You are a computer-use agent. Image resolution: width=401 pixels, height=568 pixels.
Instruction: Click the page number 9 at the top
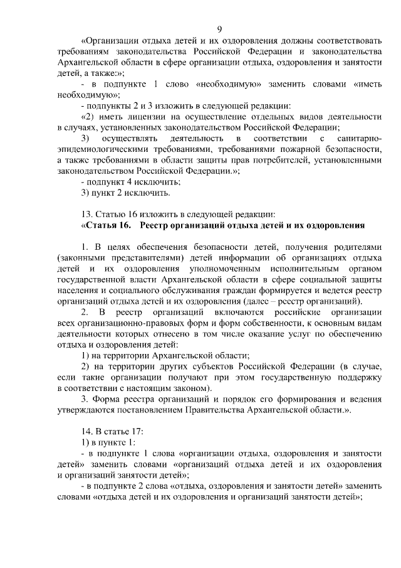click(x=219, y=29)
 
